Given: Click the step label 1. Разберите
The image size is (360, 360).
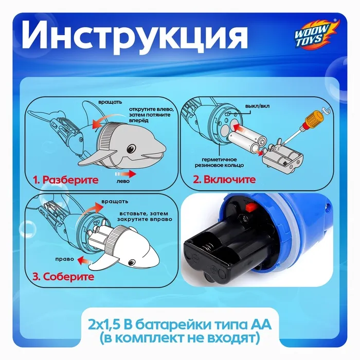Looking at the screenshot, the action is click(65, 180).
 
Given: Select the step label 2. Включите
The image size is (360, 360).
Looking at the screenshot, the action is click(224, 179).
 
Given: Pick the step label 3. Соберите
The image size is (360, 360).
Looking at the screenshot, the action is click(63, 277).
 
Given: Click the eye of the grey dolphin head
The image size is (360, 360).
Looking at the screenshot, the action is click(131, 149).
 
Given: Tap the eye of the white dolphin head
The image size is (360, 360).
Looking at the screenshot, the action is click(132, 262).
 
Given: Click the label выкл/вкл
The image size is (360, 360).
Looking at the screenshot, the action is click(257, 106).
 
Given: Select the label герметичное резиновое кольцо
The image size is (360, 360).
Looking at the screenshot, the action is click(219, 163).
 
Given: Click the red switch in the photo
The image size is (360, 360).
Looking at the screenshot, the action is click(250, 208).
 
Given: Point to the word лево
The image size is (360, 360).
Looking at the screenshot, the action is click(123, 181).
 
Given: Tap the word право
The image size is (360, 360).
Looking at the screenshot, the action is click(64, 259).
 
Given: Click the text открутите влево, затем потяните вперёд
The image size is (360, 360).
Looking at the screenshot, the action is click(151, 115).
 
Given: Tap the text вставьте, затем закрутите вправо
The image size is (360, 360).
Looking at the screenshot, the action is click(145, 217).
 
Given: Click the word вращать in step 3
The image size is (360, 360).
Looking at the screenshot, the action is click(115, 202).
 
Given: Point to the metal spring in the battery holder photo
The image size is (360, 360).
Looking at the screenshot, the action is click(208, 248).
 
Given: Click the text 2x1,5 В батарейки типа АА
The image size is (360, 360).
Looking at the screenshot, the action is click(180, 325).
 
